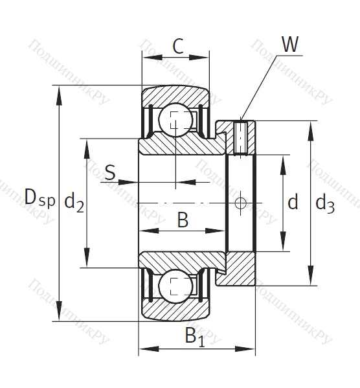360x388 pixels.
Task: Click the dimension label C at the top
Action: click(178, 46)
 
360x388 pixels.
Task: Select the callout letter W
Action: click(291, 45)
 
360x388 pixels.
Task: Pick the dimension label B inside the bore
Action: click(183, 220)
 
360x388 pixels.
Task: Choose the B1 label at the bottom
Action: click(194, 336)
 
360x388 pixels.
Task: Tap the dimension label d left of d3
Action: click(293, 203)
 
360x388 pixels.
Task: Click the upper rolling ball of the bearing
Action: click(175, 120)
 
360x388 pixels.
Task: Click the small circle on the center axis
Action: click(241, 203)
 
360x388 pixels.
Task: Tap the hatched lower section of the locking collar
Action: click(240, 269)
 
